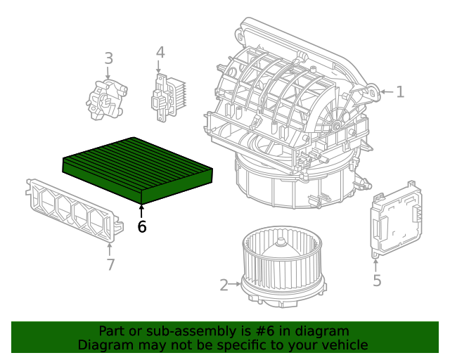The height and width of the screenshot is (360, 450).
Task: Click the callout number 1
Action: [x=400, y=92]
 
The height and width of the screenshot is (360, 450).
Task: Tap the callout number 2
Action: [x=224, y=285]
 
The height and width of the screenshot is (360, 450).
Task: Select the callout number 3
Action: [x=108, y=58]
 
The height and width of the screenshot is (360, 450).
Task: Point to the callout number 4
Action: [x=160, y=52]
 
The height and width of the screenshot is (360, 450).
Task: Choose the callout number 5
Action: [x=377, y=281]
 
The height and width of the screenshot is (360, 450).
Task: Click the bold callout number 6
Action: [x=142, y=227]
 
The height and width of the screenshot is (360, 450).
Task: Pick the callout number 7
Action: [x=110, y=264]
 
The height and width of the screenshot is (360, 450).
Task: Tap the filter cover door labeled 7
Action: [x=70, y=208]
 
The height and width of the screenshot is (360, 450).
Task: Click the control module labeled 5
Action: [x=397, y=217]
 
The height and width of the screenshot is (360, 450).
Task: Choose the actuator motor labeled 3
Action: [x=108, y=98]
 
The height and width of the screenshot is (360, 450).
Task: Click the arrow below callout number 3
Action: [x=108, y=72]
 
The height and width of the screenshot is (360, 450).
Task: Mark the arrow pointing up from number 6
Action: [x=142, y=211]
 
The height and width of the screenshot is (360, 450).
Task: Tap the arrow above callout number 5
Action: [x=376, y=264]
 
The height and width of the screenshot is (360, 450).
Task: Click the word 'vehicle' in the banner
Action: [x=344, y=345]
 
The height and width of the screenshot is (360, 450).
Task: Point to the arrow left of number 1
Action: [x=382, y=91]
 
